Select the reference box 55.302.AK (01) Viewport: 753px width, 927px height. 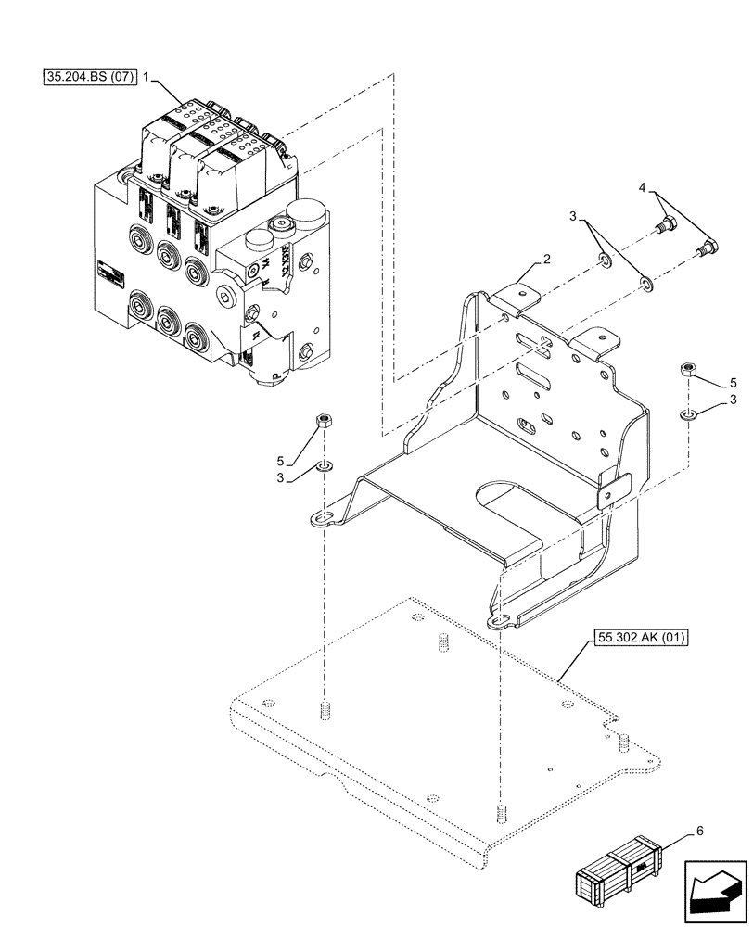(642, 639)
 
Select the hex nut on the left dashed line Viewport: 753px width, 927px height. (325, 422)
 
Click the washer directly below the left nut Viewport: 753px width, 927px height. (325, 463)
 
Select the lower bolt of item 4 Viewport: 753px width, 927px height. (708, 248)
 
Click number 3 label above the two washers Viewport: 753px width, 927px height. (575, 216)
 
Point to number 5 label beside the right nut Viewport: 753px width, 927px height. (733, 382)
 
